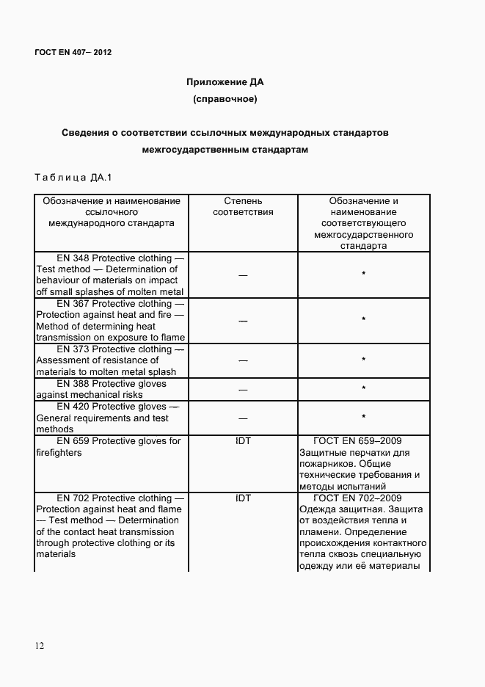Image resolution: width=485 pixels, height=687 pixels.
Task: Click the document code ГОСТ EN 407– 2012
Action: pos(73,52)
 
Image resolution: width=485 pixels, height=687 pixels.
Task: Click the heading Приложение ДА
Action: pos(225,81)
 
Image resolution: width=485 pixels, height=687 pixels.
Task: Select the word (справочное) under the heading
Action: pos(225,98)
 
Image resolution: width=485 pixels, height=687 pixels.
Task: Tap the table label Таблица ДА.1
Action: pos(72,177)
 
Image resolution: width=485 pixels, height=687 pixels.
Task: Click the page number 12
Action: pos(40,645)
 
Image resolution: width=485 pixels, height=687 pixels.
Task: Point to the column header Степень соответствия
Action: pos(243,206)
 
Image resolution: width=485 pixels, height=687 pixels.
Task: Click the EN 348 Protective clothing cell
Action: pos(111,275)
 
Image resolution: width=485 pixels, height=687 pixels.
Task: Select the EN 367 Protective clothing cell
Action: pos(111,320)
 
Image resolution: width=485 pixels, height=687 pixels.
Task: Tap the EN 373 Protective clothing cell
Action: pos(111,360)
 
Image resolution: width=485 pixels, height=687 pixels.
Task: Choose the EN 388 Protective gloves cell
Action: pos(111,389)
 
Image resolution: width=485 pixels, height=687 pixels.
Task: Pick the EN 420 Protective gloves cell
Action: pos(111,418)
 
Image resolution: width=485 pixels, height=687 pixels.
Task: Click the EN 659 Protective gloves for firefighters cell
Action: pos(111,446)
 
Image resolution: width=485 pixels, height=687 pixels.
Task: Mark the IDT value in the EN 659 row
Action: pos(243,441)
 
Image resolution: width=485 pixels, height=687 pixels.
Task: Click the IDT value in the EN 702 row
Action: pos(243,498)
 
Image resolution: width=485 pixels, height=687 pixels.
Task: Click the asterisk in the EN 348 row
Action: pos(364,275)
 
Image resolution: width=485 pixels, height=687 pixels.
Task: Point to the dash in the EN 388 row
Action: pos(243,390)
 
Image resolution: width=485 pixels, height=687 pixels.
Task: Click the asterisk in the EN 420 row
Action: pos(364,418)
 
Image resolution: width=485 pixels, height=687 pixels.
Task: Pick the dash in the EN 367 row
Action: pos(243,321)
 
